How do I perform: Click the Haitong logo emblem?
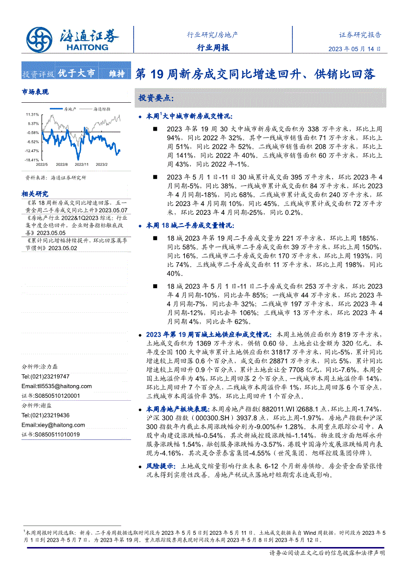pos(39,38)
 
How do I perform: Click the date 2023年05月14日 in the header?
pos(354,49)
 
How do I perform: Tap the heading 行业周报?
pos(212,47)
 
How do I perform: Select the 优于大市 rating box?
pos(77,73)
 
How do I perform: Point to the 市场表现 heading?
pos(35,92)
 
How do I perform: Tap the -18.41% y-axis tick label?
pos(32,160)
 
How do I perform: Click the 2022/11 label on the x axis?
pos(82,165)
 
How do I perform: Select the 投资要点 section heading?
pos(156,98)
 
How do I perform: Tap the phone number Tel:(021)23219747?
pos(45,376)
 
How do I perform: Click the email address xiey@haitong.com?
pos(53,425)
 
